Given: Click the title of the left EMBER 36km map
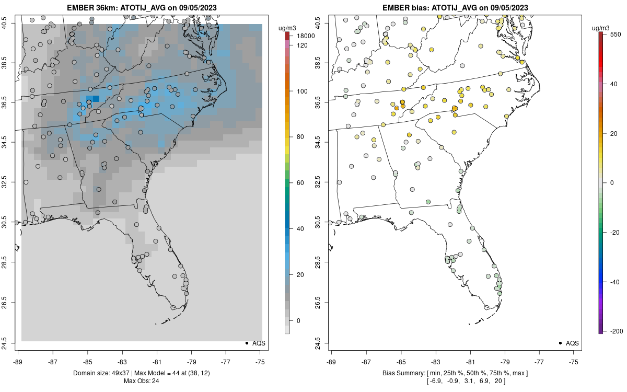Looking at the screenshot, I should click(x=142, y=8).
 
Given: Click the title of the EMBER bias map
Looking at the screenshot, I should click(x=455, y=8).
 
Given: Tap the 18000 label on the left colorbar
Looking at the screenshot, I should click(x=306, y=36).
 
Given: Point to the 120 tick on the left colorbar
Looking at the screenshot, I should click(x=302, y=45).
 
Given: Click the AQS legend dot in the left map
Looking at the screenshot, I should click(x=246, y=343).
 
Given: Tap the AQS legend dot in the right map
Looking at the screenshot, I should click(x=560, y=343).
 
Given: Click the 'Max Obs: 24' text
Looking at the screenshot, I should click(x=142, y=381).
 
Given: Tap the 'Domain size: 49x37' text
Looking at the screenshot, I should click(x=101, y=373).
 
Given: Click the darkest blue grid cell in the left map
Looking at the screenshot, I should click(x=96, y=99).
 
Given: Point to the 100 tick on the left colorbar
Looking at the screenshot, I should click(x=302, y=91).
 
